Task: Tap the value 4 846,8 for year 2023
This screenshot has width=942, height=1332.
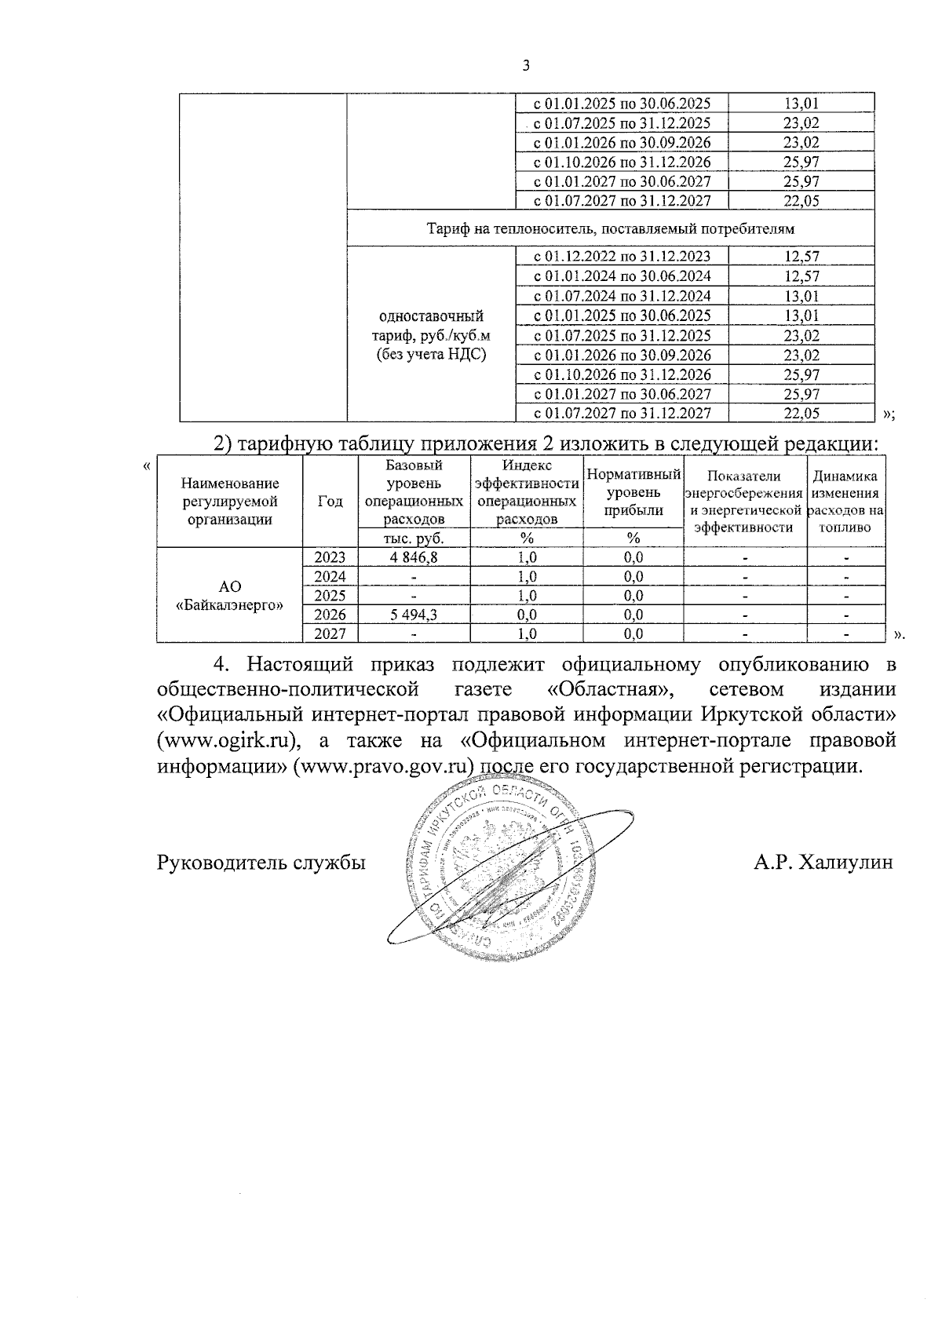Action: pos(414,557)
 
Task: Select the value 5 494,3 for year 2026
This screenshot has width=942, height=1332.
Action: pos(414,615)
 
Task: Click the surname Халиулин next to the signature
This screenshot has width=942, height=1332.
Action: pos(843,863)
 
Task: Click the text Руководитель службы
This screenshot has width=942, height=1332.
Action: pos(261,863)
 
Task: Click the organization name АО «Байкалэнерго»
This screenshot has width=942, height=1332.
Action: pos(229,596)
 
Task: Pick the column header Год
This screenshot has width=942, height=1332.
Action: pos(330,502)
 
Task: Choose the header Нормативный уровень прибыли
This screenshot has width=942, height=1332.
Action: pos(633,493)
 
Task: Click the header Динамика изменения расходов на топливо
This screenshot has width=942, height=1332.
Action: pos(845,502)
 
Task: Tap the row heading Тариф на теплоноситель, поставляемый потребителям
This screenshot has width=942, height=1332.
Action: pos(611,229)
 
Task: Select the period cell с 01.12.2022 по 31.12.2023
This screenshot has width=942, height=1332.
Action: pos(622,257)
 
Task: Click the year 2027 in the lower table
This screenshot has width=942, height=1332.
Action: pos(330,633)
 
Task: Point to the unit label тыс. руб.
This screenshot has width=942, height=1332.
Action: pos(414,538)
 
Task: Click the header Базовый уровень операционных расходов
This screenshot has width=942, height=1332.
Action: pos(414,492)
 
